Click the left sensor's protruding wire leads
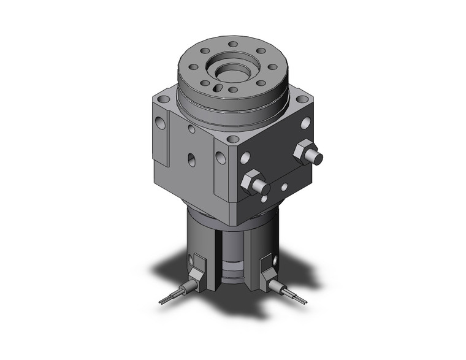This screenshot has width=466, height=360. point(169,298)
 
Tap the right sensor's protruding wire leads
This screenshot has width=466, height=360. point(297,297)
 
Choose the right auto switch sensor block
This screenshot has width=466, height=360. point(267,270)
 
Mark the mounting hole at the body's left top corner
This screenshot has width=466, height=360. point(162,98)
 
